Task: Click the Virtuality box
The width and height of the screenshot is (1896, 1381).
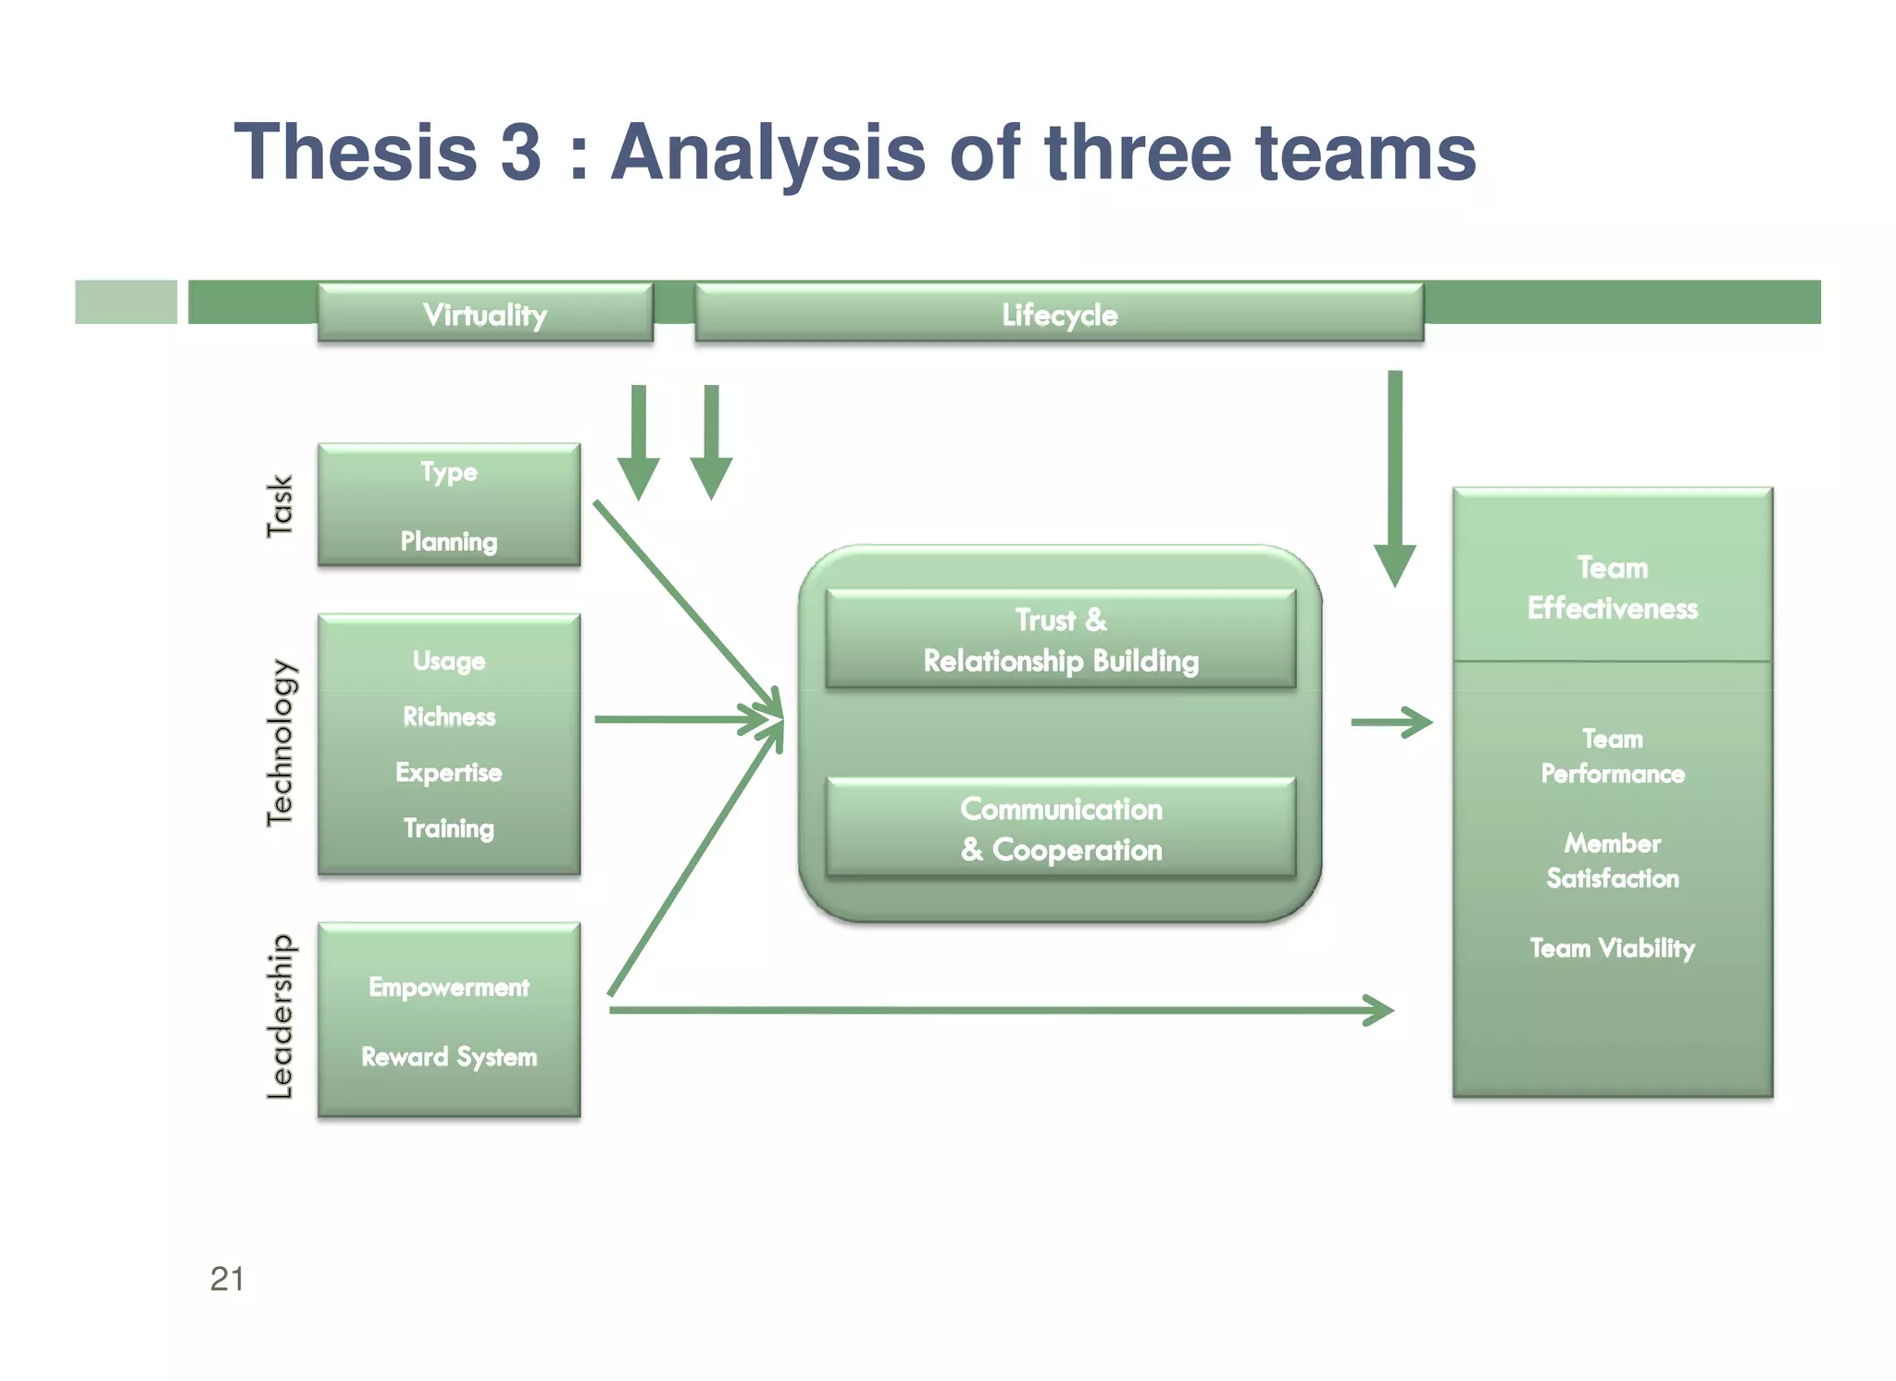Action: [485, 315]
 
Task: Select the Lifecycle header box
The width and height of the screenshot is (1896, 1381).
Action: [1059, 315]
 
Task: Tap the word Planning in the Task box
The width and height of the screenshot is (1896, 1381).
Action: [449, 541]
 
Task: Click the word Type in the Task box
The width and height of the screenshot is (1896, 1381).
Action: [449, 472]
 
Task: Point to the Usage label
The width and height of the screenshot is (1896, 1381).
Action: [449, 661]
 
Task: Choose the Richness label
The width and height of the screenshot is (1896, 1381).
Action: [449, 716]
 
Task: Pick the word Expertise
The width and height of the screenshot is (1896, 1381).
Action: [449, 772]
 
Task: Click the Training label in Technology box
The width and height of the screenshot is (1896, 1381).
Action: [449, 827]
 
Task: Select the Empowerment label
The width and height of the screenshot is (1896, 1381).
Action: [449, 987]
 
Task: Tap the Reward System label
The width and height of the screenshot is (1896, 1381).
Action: [449, 1056]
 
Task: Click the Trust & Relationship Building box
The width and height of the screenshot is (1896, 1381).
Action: [1061, 640]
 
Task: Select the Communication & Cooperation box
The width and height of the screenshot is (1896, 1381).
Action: [1061, 828]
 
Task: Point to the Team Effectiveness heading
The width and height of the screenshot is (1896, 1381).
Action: [1613, 588]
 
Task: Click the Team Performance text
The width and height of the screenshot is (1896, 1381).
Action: [1613, 756]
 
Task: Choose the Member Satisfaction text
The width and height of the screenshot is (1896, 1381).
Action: [1613, 861]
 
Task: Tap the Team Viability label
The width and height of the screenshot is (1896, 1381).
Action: [1613, 948]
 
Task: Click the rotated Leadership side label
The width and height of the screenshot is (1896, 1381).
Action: [280, 1016]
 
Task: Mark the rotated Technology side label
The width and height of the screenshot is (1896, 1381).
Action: [280, 742]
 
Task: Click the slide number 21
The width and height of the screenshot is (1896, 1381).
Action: [227, 1278]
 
